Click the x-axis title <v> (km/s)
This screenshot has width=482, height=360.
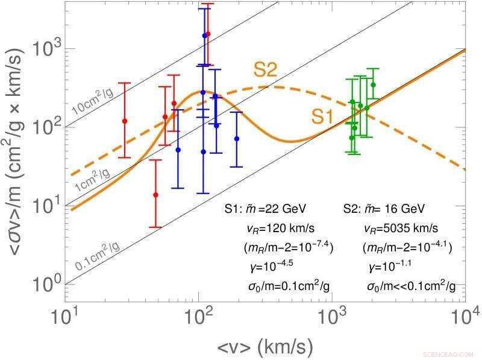pos(265,346)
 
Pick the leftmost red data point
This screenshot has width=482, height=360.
pos(125,121)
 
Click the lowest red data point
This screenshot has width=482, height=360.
pos(155,195)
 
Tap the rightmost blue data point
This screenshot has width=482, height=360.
pos(237,139)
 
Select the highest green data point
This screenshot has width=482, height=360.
pos(373,85)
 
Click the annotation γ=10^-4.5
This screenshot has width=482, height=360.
pos(263,266)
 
